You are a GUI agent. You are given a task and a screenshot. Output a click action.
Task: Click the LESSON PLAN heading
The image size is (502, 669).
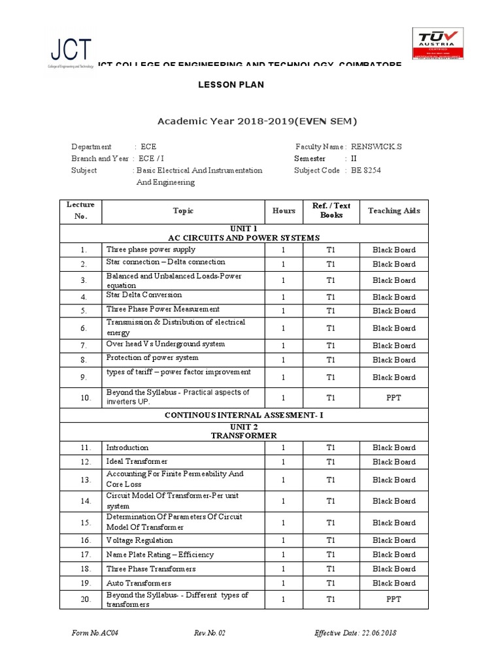(x=231, y=85)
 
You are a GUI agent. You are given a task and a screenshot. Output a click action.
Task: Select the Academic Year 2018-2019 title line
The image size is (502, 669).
(x=258, y=121)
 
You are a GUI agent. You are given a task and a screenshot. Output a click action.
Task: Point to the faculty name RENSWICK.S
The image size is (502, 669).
(x=376, y=147)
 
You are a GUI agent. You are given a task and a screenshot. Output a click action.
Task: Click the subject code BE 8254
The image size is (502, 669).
(x=365, y=171)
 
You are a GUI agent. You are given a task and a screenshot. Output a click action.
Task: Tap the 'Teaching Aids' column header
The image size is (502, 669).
(x=393, y=211)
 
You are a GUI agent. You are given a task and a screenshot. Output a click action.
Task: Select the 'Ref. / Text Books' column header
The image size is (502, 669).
(x=331, y=210)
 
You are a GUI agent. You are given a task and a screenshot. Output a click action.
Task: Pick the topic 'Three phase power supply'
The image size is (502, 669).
(x=150, y=250)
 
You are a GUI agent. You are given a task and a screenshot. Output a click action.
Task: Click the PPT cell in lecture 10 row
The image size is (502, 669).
(x=393, y=397)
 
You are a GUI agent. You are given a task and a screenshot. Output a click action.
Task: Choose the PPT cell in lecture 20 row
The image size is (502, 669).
(x=393, y=599)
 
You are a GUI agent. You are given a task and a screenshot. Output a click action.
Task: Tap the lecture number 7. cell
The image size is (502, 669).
(x=84, y=345)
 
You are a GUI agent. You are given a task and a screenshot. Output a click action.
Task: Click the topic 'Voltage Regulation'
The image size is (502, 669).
(x=139, y=540)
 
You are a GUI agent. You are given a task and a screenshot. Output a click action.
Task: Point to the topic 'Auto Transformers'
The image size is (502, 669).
(x=139, y=583)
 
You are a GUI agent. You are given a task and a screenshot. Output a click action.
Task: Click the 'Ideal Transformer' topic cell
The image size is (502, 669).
(x=137, y=461)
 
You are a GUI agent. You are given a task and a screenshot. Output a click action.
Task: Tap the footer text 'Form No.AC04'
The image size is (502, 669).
(x=95, y=633)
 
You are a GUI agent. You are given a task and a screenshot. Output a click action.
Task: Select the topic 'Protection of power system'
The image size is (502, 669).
(x=152, y=358)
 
